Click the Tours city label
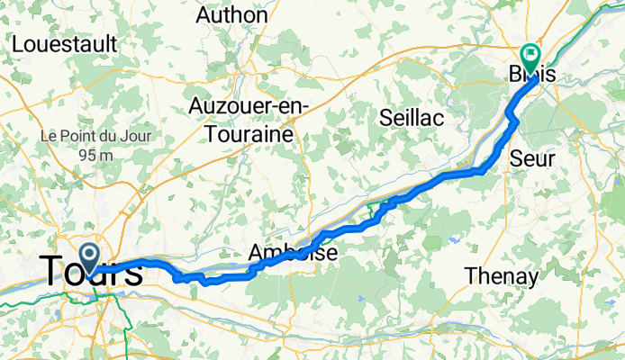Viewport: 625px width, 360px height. coord(90,272)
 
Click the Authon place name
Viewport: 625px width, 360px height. coord(231,13)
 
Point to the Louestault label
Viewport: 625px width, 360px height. coord(65,42)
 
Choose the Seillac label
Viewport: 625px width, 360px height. coord(413,117)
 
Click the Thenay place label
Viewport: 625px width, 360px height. coord(501,276)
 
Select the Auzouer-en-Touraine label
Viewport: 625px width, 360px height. coord(249,119)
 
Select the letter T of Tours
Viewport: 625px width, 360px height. coord(52,272)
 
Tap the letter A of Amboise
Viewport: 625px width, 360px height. coord(257,254)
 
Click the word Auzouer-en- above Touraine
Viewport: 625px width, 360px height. coord(249,105)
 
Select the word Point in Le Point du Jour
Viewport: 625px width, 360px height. coord(76,136)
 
